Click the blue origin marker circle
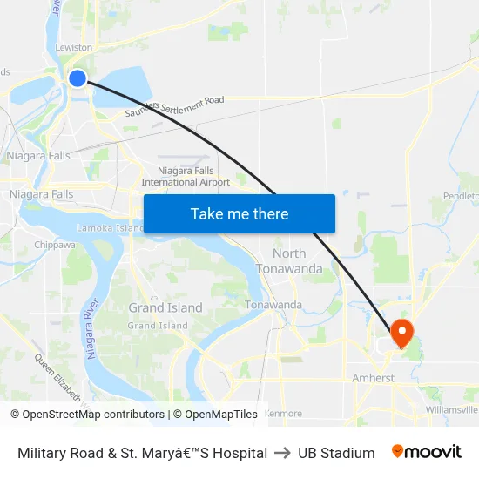click(x=77, y=78)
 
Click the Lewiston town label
click(x=73, y=47)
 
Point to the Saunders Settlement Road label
click(x=174, y=105)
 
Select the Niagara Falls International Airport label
click(x=186, y=177)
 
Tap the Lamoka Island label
click(x=111, y=228)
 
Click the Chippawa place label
click(x=54, y=246)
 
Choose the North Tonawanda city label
click(x=289, y=260)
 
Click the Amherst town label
click(x=374, y=379)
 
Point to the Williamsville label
click(x=452, y=409)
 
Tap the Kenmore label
click(x=282, y=413)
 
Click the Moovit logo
click(x=426, y=452)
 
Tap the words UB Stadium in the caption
click(x=336, y=453)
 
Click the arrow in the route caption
click(x=282, y=453)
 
